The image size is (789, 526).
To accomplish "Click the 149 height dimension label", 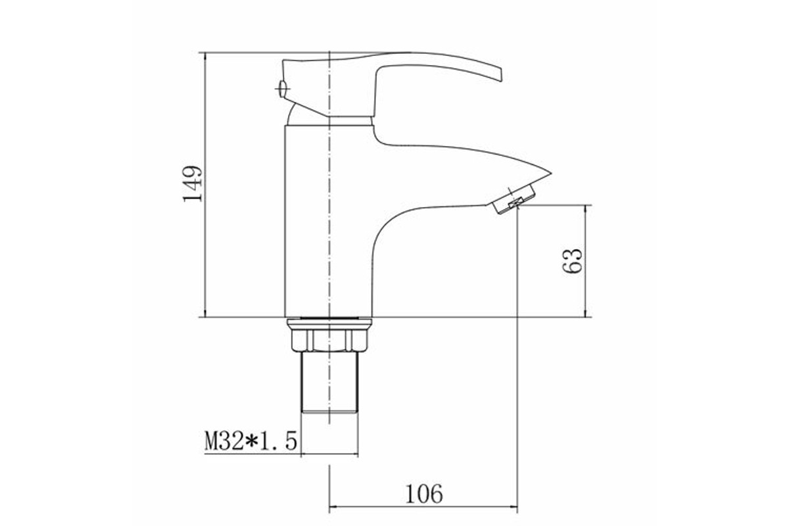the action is click(x=193, y=183).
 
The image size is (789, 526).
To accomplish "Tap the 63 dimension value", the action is click(x=572, y=261).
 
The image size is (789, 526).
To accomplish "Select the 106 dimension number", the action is click(x=424, y=494).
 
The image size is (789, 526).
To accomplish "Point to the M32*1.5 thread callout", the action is click(x=251, y=441).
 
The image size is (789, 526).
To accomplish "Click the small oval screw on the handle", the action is click(x=283, y=89).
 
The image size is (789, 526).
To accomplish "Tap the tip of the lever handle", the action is click(x=500, y=76).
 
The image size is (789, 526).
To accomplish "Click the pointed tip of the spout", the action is click(x=550, y=174).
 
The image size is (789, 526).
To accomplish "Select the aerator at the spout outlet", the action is click(x=514, y=199).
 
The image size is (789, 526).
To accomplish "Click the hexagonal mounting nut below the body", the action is click(x=329, y=340).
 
